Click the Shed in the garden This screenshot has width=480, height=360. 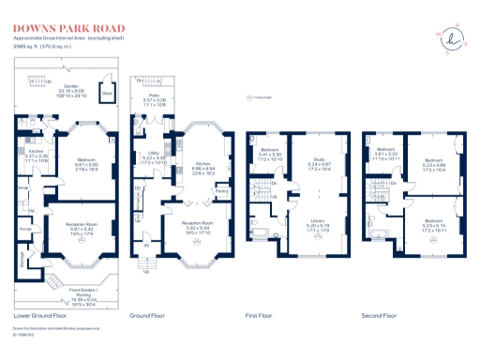click(x=107, y=95)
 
